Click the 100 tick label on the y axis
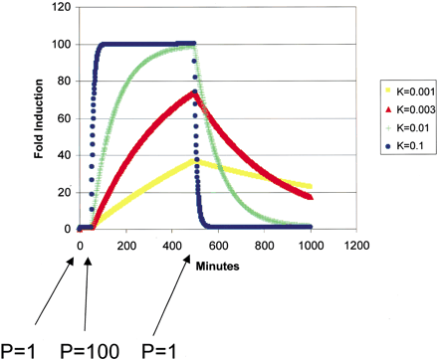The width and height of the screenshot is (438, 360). pyautogui.click(x=60, y=44)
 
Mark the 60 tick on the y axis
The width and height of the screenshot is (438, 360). pyautogui.click(x=63, y=118)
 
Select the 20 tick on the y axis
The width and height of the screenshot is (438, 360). pyautogui.click(x=63, y=192)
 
